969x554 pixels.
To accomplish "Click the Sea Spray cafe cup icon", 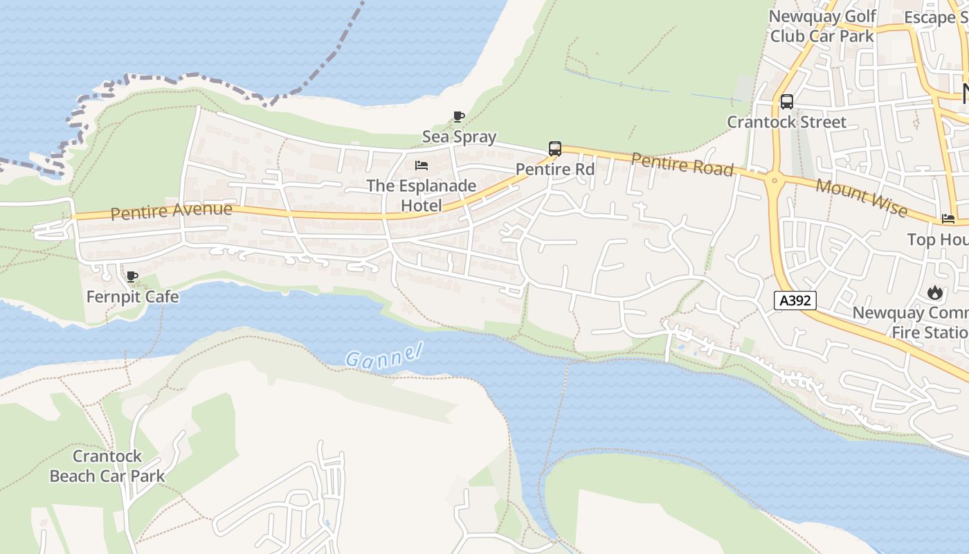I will [458, 116].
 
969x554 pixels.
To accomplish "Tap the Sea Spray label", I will [459, 136].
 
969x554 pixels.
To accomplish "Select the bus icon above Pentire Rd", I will [554, 149].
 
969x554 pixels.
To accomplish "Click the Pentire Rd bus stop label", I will [555, 170].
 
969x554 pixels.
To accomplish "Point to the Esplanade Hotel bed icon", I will [421, 166].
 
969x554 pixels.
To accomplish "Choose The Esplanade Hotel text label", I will [421, 195].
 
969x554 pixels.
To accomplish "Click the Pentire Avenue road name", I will [171, 211].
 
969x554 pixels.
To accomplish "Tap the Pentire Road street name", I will [682, 165].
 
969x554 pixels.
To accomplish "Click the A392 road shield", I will [795, 301].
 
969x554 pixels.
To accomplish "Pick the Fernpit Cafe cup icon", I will [132, 277].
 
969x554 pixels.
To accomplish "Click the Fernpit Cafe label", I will [132, 297].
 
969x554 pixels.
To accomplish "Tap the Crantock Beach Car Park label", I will [107, 466].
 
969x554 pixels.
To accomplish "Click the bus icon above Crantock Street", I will [786, 102].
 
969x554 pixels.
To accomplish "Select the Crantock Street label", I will [786, 123].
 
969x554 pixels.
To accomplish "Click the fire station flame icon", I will [935, 292].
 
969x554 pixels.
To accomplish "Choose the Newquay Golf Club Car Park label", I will [822, 26].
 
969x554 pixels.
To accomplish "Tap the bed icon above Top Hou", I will [948, 219].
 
